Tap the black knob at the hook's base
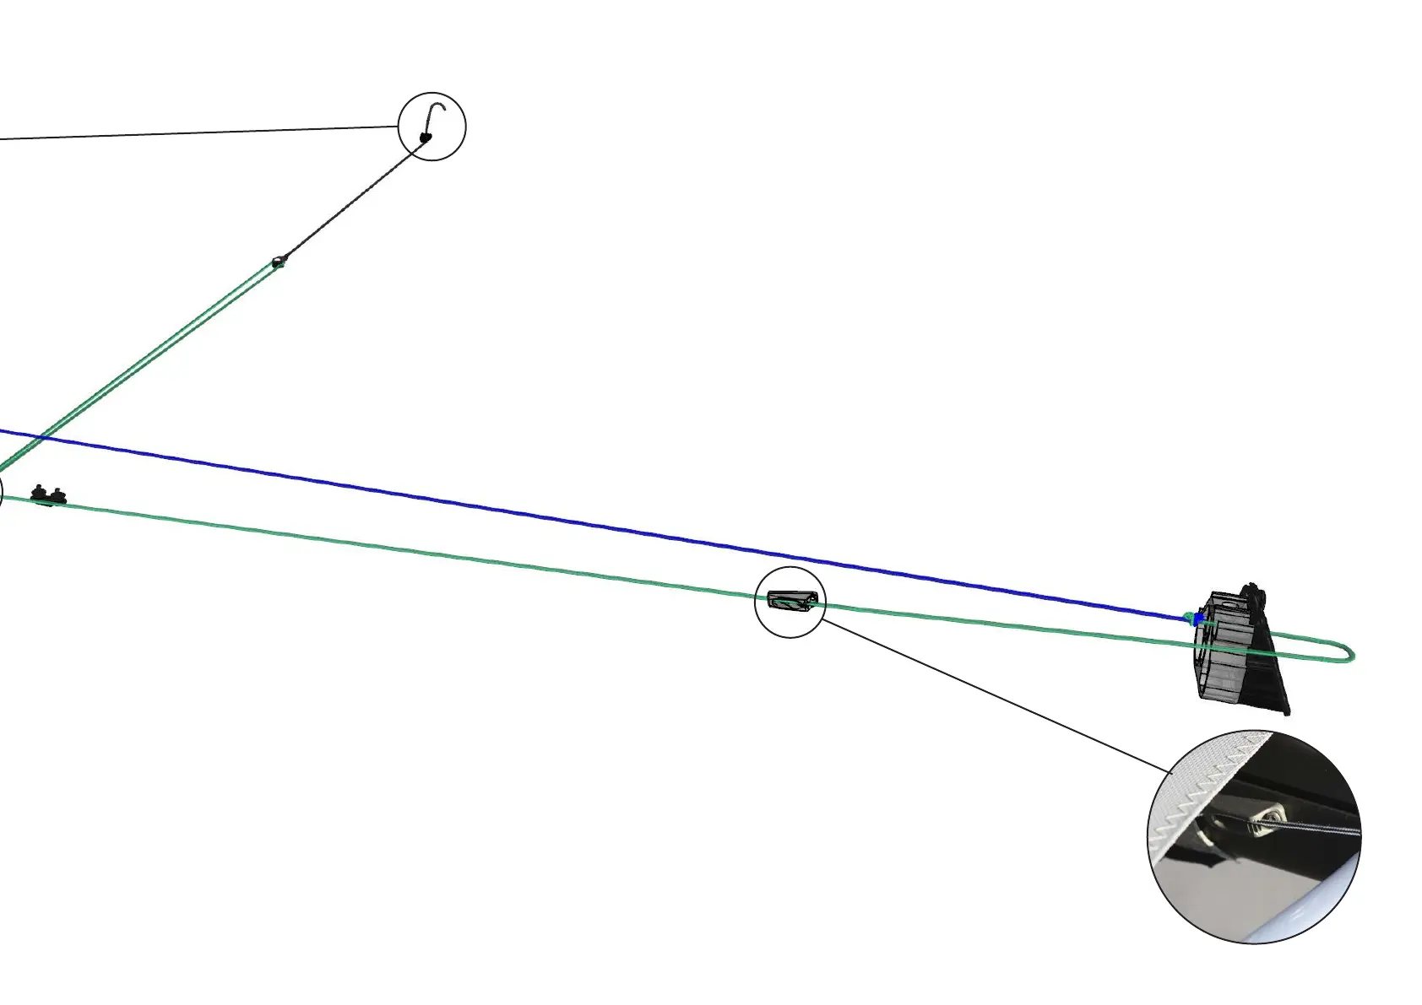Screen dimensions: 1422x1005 [x=426, y=137]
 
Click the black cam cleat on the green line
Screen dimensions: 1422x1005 [x=47, y=495]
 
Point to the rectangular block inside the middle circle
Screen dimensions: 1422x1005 [x=791, y=602]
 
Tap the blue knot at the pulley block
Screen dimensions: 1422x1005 [x=1198, y=619]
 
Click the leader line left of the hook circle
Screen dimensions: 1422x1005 [x=194, y=133]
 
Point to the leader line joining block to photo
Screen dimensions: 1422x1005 [x=996, y=695]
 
